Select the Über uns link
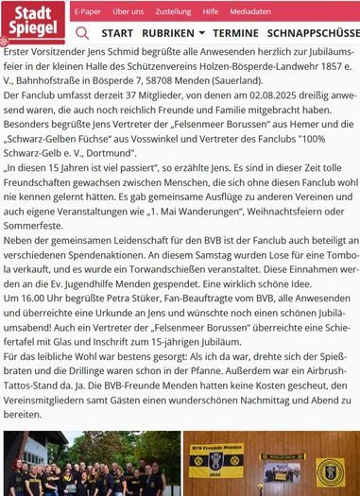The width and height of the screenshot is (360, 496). [x=128, y=11]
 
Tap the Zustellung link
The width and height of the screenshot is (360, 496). [x=173, y=11]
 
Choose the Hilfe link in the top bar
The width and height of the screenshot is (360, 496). [x=210, y=11]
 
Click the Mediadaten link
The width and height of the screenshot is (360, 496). [x=248, y=11]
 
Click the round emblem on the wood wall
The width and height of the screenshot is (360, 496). [x=331, y=469]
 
